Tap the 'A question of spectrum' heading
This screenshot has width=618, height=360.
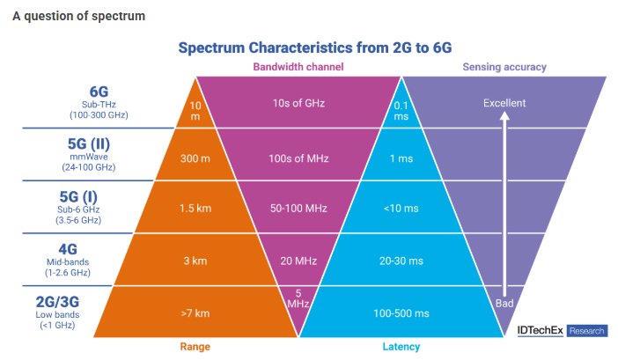79,17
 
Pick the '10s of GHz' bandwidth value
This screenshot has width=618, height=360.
298,103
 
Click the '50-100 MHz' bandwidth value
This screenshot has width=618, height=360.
298,209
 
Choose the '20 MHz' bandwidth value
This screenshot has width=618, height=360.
298,261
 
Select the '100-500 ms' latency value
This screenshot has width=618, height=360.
402,312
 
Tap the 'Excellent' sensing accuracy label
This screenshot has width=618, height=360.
504,103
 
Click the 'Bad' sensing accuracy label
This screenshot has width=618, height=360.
504,304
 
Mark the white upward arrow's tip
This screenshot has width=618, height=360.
504,116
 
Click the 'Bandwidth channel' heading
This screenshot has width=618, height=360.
298,67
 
